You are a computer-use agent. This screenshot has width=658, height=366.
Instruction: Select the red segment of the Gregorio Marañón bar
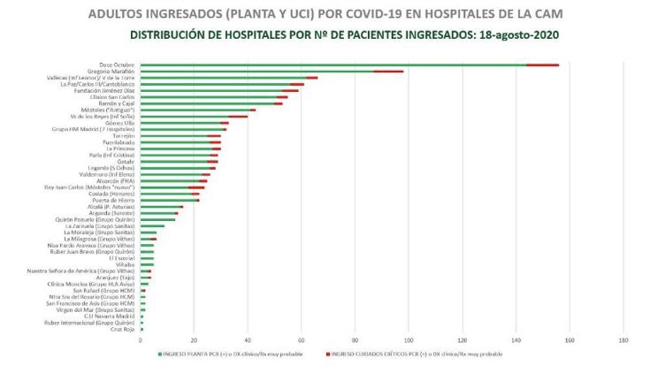[388, 71]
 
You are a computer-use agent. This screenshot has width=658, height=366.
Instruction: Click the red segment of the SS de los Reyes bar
[241, 116]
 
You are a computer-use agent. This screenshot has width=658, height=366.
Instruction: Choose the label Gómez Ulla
[120, 123]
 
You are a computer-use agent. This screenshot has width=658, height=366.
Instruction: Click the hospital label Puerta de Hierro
[114, 200]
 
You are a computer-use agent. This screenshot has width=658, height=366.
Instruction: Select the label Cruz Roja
[123, 329]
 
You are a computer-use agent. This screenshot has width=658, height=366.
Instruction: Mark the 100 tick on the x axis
[409, 339]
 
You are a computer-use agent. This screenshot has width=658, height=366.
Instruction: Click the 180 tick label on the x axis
[624, 339]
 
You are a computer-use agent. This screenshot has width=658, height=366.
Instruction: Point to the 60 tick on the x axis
[301, 339]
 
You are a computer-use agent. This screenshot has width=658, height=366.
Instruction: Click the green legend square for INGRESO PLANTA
[160, 354]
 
